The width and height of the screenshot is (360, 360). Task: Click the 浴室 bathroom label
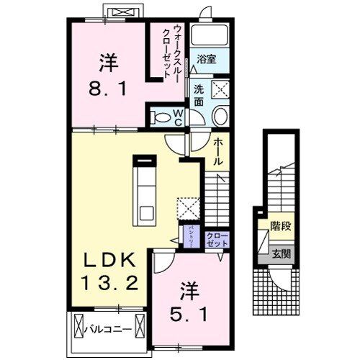coord(207,59)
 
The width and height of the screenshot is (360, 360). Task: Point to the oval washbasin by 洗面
coord(220,117)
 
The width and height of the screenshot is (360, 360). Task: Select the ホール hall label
coord(218,152)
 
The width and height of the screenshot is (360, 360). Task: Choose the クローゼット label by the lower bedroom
coord(215,240)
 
